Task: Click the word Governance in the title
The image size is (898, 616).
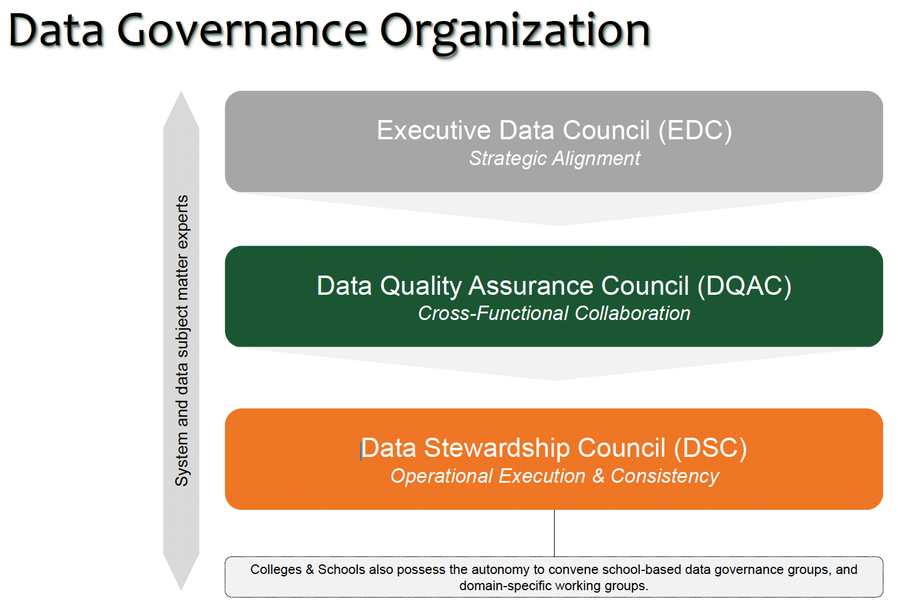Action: [x=242, y=31]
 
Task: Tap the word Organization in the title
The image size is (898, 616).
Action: [x=515, y=34]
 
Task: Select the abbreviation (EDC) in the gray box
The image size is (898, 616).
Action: [x=695, y=130]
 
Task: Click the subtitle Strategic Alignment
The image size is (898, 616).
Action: [x=555, y=159]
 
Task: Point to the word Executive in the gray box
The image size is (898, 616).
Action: [x=434, y=130]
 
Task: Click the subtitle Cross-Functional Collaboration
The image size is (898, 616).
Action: [x=554, y=313]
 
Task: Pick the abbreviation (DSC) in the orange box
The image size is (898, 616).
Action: [x=710, y=448]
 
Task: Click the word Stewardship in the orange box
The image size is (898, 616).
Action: [x=497, y=448]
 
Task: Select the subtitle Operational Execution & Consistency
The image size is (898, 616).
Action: [x=555, y=477]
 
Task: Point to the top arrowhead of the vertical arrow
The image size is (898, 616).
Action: [x=181, y=92]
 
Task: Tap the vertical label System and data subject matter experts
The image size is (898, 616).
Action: [x=182, y=341]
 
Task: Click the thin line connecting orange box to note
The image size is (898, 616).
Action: [x=555, y=533]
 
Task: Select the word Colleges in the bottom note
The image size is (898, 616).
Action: [x=276, y=570]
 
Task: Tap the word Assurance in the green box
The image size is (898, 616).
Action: [x=531, y=286]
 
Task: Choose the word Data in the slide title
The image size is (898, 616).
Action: [x=56, y=31]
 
